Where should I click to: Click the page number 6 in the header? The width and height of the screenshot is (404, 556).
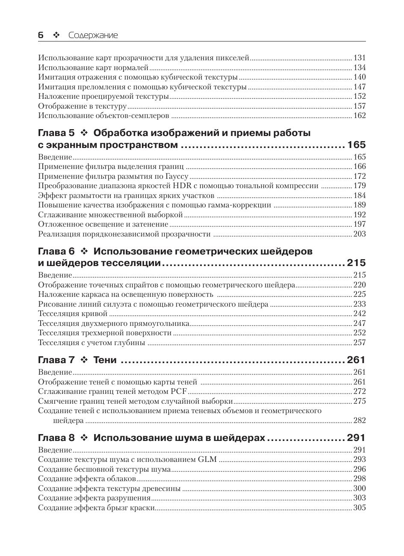41,35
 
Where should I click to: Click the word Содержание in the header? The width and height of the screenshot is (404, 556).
93,35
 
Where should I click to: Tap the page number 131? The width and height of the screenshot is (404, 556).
360,58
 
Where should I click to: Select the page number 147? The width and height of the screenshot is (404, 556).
360,87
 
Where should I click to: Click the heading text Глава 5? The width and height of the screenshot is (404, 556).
56,133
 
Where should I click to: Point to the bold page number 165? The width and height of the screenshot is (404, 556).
357,145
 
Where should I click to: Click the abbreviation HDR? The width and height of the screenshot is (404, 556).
179,186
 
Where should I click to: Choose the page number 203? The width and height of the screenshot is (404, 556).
360,234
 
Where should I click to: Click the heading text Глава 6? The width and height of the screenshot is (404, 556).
56,251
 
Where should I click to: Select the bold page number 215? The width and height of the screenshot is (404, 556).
357,263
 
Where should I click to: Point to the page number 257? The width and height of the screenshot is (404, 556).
360,343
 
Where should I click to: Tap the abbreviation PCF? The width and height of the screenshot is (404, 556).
179,391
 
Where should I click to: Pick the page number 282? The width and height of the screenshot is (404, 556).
360,420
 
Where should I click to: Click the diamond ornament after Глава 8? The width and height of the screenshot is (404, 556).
84,438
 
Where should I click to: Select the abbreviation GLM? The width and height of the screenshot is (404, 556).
207,459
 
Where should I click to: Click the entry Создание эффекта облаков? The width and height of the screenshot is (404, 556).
87,479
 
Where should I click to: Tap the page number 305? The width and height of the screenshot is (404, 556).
360,508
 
